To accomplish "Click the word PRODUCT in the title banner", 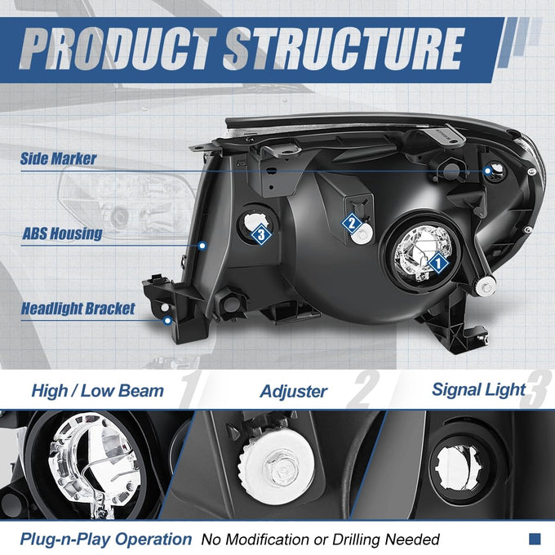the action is pyautogui.click(x=118, y=49).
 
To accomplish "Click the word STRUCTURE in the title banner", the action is pyautogui.click(x=344, y=49).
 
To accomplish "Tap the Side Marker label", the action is pyautogui.click(x=58, y=158).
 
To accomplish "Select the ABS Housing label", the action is pyautogui.click(x=62, y=233).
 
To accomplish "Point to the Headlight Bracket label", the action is pyautogui.click(x=78, y=309).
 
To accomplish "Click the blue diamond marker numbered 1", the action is pyautogui.click(x=437, y=263).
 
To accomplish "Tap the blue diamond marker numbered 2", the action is pyautogui.click(x=352, y=224).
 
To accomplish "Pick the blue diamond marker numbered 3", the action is pyautogui.click(x=261, y=234).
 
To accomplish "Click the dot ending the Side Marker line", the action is pyautogui.click(x=488, y=171).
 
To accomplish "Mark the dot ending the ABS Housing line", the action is pyautogui.click(x=202, y=246).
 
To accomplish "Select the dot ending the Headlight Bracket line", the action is pyautogui.click(x=167, y=321).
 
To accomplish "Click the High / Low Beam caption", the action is pyautogui.click(x=98, y=391).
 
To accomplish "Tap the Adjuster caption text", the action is pyautogui.click(x=294, y=392).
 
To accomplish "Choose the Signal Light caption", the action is pyautogui.click(x=478, y=389).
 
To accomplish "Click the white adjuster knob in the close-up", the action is pyautogui.click(x=277, y=468).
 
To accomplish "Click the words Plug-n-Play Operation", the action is pyautogui.click(x=106, y=539).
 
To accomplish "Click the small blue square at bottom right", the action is pyautogui.click(x=535, y=539).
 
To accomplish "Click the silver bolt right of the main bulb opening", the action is pyautogui.click(x=486, y=286).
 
